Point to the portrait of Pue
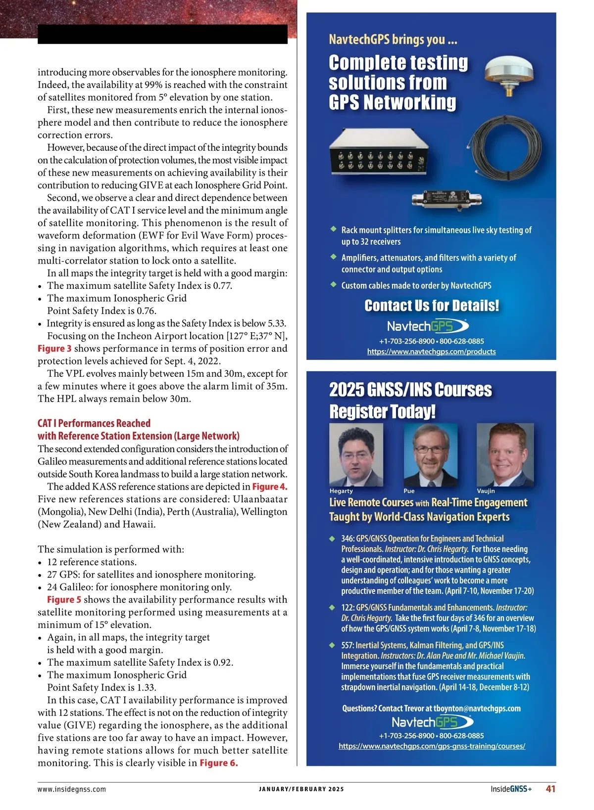pyautogui.click(x=430, y=455)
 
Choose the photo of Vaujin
pyautogui.click(x=504, y=455)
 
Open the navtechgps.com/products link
pyautogui.click(x=431, y=352)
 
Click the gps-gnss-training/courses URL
pyautogui.click(x=432, y=746)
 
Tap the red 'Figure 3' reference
pyautogui.click(x=54, y=349)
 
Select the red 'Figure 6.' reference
pyautogui.click(x=219, y=763)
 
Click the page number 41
pyautogui.click(x=550, y=789)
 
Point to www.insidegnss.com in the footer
pyautogui.click(x=72, y=789)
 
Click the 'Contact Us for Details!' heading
pyautogui.click(x=432, y=306)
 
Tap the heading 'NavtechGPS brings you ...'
pyautogui.click(x=393, y=40)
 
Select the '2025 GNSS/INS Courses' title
pyautogui.click(x=410, y=390)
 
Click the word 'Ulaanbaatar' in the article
pyautogui.click(x=260, y=499)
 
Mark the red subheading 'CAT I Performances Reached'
pyautogui.click(x=94, y=423)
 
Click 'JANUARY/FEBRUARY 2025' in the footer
pyautogui.click(x=301, y=789)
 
